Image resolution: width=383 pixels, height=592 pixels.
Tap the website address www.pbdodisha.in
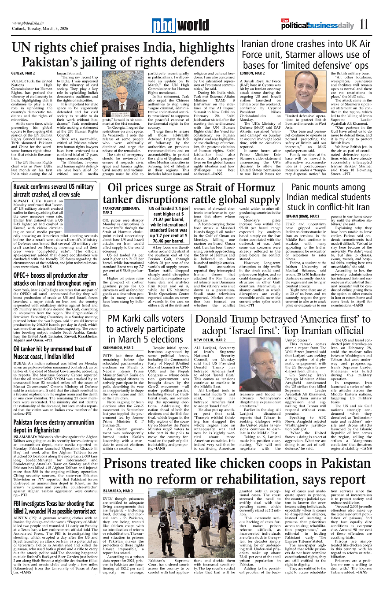[x=29, y=23]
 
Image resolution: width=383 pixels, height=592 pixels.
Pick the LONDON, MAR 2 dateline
[x=252, y=73]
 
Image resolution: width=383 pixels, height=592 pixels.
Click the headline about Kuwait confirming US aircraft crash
[x=53, y=190]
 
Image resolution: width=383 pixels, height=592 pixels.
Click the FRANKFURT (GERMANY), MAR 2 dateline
[x=121, y=210]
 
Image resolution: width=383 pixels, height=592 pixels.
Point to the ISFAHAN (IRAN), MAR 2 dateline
[x=302, y=216]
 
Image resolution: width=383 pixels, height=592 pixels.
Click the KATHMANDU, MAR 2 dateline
[x=118, y=348]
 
